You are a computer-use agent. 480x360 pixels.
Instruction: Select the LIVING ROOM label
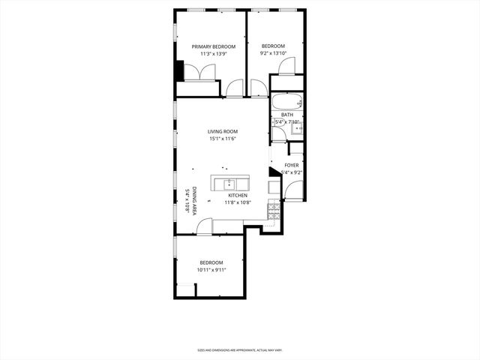coord(223,132)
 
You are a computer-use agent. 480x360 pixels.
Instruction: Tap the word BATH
coord(287,115)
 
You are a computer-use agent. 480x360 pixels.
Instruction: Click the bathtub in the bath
coord(287,101)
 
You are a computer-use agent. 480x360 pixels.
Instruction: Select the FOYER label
coord(291,165)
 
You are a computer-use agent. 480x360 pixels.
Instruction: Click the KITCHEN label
coord(238,195)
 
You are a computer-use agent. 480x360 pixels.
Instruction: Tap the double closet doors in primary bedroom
coord(200,72)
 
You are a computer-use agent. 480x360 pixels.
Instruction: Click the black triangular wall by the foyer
coord(273,172)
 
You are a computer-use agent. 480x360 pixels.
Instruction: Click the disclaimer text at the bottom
coord(239,350)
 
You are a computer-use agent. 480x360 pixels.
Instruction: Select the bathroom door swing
coord(278,134)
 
